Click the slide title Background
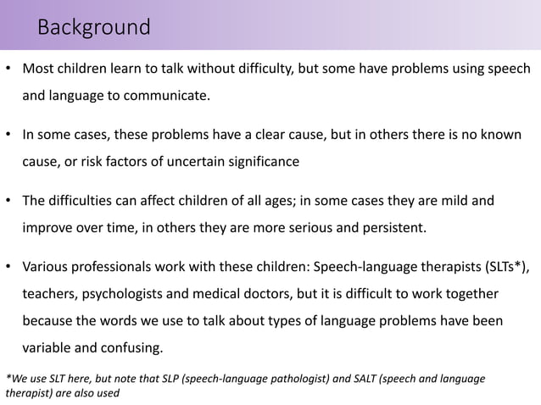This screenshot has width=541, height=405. click(x=94, y=28)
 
